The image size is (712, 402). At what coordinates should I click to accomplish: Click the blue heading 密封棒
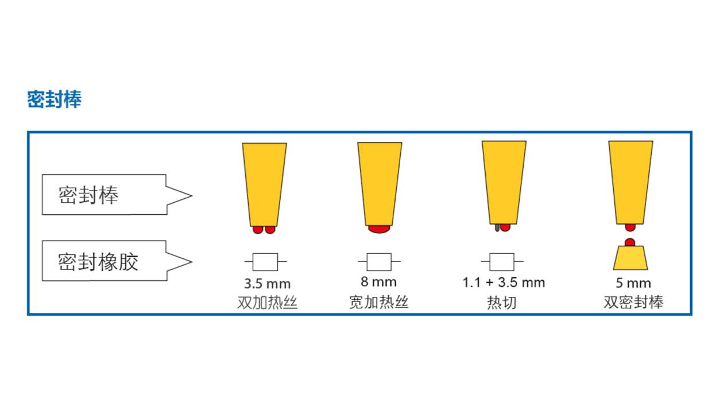[x=55, y=99]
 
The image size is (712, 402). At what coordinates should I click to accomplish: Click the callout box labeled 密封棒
[x=117, y=195]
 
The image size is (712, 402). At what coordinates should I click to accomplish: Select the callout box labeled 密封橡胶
[x=117, y=261]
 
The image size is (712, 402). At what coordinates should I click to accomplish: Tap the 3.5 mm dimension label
[x=268, y=284]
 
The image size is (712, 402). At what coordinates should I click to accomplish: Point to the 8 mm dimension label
[x=378, y=282]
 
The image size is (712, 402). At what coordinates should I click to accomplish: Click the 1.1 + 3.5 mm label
[x=504, y=283]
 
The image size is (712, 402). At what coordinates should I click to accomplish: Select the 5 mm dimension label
[x=633, y=283]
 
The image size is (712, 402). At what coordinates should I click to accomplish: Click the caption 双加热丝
[x=268, y=302]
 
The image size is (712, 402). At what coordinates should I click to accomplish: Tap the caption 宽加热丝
[x=378, y=302]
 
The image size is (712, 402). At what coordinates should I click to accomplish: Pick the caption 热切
[x=502, y=302]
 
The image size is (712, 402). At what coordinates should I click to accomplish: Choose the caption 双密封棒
[x=633, y=302]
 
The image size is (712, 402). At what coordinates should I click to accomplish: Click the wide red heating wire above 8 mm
[x=379, y=229]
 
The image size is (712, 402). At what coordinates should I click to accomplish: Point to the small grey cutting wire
[x=497, y=227]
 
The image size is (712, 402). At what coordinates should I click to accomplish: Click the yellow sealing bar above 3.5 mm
[x=264, y=185]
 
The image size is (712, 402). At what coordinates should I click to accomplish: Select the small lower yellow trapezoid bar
[x=630, y=258]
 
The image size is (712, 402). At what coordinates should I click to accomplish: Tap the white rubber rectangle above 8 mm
[x=379, y=262]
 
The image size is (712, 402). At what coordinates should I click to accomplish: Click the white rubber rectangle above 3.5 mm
[x=265, y=262]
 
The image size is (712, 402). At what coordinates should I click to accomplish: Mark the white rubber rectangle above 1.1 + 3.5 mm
[x=502, y=262]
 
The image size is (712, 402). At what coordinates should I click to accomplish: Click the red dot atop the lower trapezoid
[x=630, y=242]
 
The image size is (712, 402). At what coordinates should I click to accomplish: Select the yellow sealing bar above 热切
[x=504, y=183]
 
